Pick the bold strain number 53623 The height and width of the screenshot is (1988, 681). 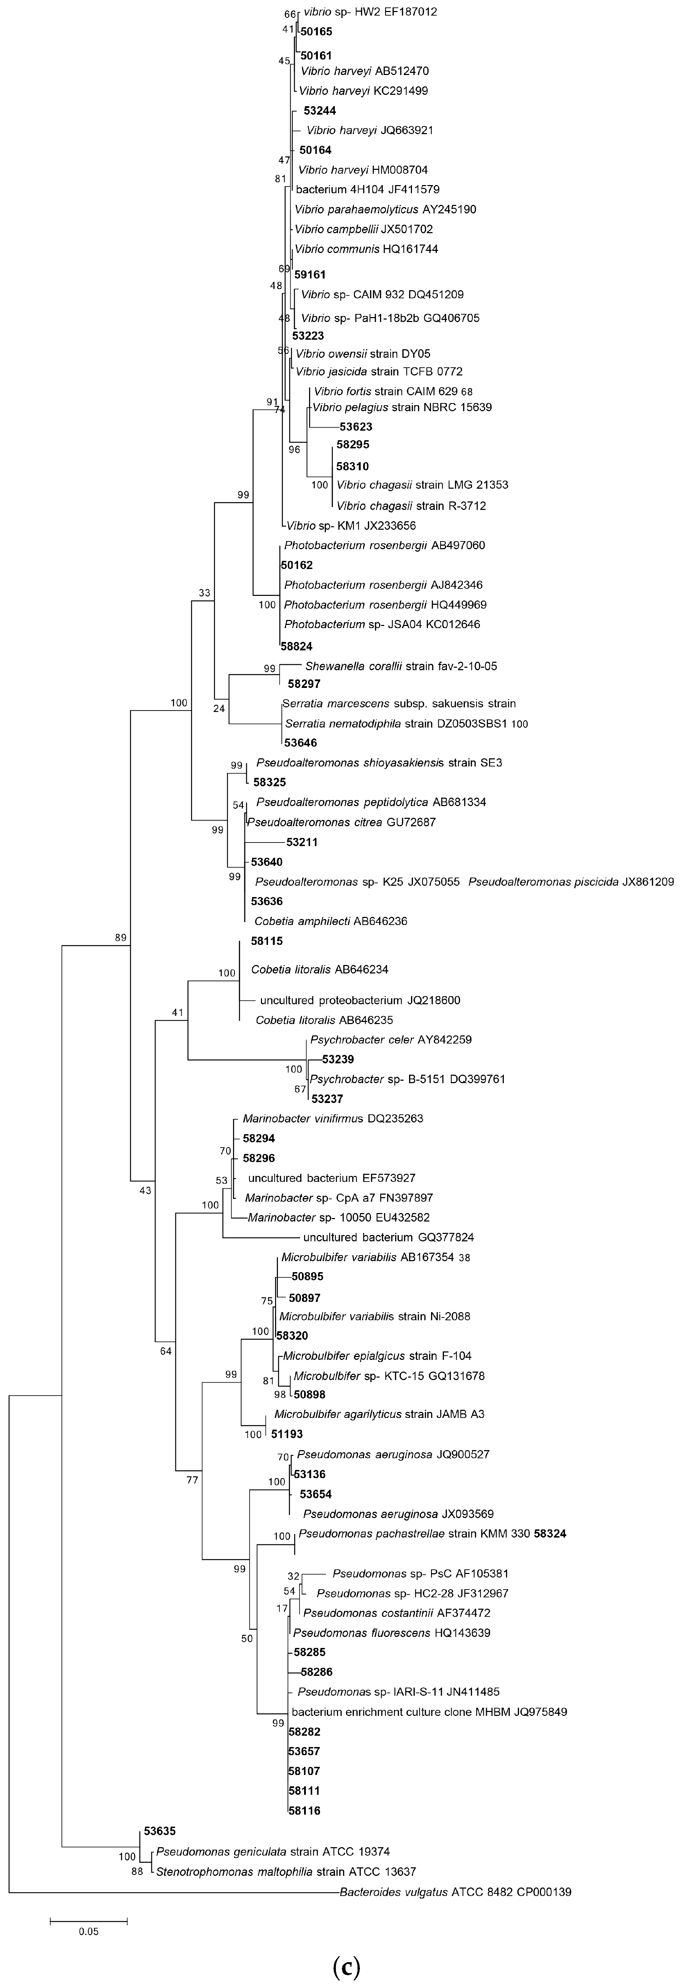point(356,427)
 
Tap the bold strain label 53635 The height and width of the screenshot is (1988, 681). point(160,1831)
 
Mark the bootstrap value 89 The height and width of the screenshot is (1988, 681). point(120,938)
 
